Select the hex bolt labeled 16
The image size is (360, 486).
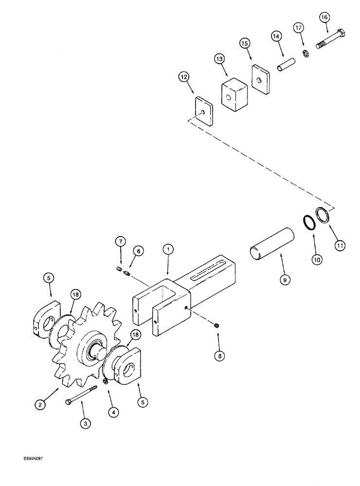pos(331,40)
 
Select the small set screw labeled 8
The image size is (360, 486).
pos(218,327)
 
